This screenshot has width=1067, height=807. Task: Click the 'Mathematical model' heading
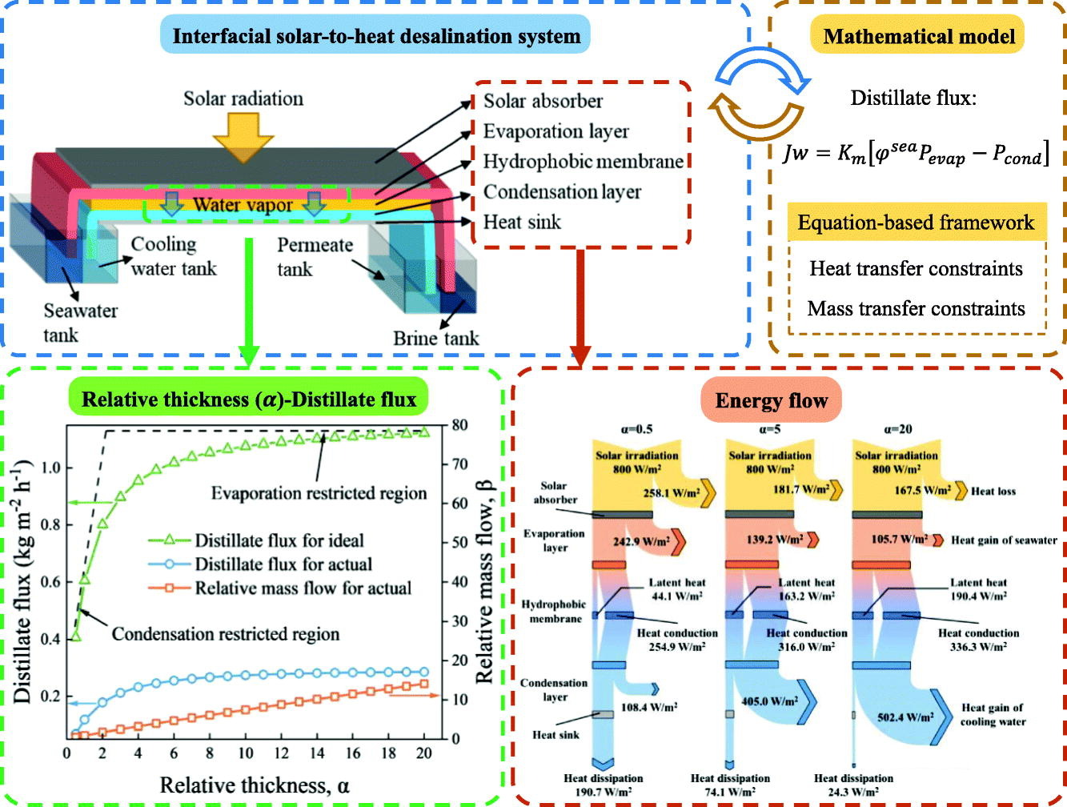[x=918, y=36]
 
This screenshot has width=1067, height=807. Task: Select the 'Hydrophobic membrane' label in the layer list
[x=583, y=161]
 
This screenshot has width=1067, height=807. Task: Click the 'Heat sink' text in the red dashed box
[x=522, y=222]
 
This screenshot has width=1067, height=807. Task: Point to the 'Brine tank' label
[x=435, y=338]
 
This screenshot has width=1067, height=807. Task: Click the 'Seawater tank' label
[x=80, y=322]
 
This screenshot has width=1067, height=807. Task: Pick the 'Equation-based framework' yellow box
[x=916, y=222]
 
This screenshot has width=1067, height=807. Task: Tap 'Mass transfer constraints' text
[x=916, y=308]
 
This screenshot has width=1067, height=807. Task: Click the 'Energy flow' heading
[x=772, y=400]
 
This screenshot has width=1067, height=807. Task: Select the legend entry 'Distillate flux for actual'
[x=283, y=564]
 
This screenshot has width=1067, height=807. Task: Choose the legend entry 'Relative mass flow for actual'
[x=303, y=588]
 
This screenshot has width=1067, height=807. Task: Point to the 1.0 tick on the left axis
[x=50, y=468]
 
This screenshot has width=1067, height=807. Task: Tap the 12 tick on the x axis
[x=281, y=753]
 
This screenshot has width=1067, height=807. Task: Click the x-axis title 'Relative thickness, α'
[x=255, y=785]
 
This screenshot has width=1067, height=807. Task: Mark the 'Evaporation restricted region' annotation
[x=319, y=493]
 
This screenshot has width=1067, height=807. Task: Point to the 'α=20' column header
[x=897, y=429]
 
